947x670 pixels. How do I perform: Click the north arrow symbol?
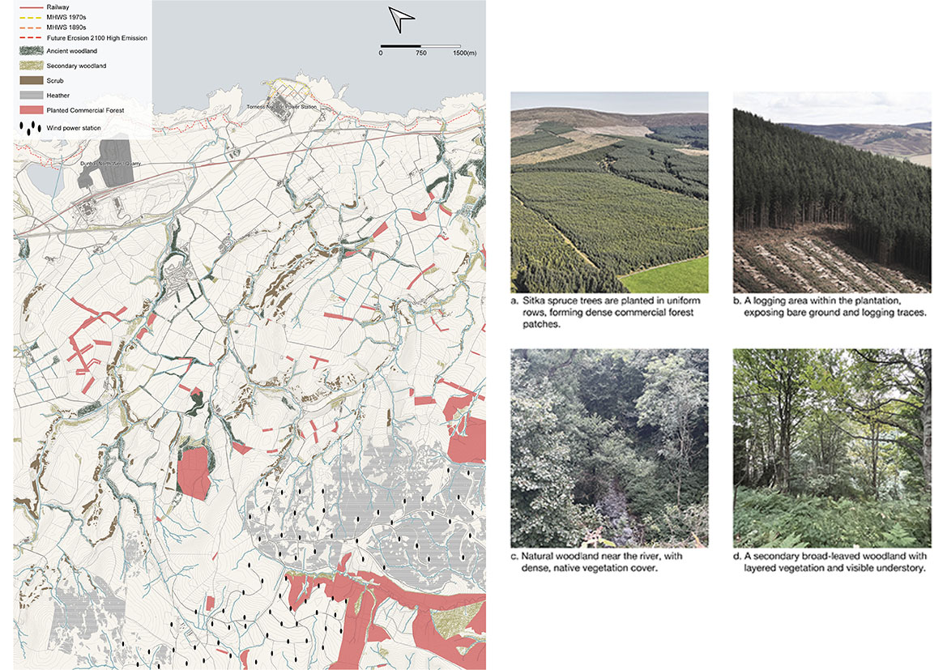coord(401,16)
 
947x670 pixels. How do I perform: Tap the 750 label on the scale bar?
coord(420,53)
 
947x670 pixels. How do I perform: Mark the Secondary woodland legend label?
coord(76,66)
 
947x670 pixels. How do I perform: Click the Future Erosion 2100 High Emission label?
coord(96,38)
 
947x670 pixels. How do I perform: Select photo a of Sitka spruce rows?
coord(609,192)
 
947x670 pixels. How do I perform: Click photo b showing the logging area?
coord(832,192)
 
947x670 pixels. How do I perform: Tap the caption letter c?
coord(514,557)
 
